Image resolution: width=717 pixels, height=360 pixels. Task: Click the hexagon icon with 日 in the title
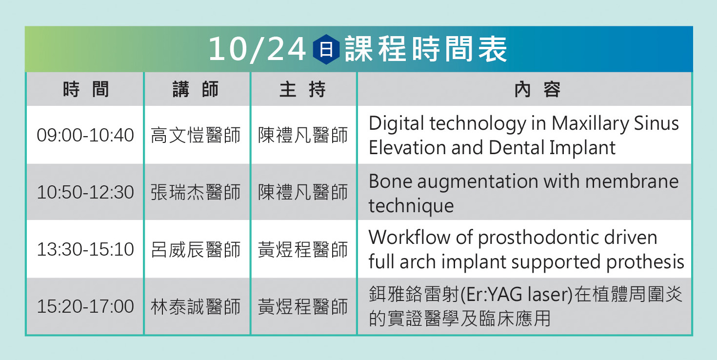(326, 50)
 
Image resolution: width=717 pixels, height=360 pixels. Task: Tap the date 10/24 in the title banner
(257, 50)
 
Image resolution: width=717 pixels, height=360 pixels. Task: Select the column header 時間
(86, 89)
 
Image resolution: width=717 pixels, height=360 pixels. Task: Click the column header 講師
(196, 89)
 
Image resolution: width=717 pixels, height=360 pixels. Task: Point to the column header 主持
(302, 89)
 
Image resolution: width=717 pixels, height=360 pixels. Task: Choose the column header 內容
(538, 89)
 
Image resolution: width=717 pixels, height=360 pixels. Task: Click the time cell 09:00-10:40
(85, 135)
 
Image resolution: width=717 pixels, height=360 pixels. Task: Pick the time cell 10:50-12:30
(85, 192)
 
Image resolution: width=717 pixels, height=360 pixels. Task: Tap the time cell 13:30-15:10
(85, 249)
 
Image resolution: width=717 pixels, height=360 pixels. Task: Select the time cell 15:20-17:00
(85, 306)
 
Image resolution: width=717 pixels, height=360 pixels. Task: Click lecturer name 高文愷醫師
(196, 135)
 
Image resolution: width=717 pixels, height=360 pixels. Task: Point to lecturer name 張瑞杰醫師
(196, 192)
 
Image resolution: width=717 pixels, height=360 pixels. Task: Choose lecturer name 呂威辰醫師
(196, 249)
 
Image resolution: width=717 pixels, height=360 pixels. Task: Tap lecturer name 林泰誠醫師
(196, 306)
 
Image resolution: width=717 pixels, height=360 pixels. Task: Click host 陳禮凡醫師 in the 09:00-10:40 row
(303, 135)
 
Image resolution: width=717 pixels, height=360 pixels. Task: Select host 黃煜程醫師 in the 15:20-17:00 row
(303, 306)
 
